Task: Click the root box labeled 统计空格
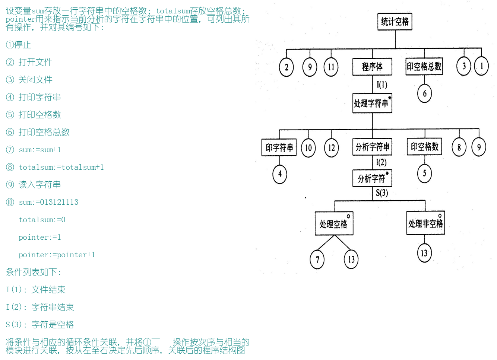[395, 22]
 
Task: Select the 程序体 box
[372, 67]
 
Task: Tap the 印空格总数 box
[424, 67]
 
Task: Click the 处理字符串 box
[372, 103]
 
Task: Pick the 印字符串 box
[279, 147]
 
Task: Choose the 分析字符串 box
[372, 147]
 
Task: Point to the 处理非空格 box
[425, 223]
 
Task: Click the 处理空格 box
[334, 224]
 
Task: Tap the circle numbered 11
[331, 67]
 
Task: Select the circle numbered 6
[425, 93]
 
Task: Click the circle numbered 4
[280, 174]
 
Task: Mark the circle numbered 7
[317, 259]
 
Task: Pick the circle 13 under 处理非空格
[424, 254]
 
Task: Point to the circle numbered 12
[332, 148]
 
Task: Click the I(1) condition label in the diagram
[382, 85]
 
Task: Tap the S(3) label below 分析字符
[382, 192]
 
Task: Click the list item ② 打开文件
[29, 62]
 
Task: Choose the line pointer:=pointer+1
[57, 255]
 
